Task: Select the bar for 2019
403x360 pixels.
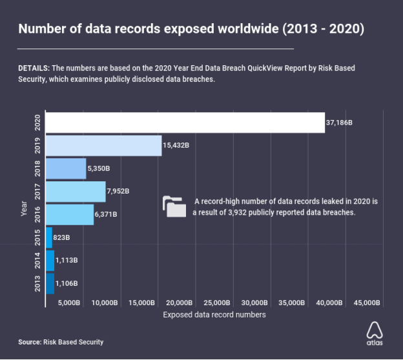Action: tap(104, 146)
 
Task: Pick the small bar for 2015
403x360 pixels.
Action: tap(50, 237)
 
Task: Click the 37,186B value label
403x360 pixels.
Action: tap(340, 123)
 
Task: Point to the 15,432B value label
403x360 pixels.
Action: tap(176, 146)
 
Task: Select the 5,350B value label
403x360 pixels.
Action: tap(99, 169)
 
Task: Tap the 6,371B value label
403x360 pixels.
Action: tap(107, 215)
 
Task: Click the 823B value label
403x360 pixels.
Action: tap(63, 238)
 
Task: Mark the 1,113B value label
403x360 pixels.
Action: tap(67, 261)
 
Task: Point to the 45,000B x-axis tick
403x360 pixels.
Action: tap(366, 303)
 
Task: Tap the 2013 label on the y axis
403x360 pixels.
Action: tap(37, 283)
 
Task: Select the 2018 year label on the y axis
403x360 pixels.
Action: tap(37, 169)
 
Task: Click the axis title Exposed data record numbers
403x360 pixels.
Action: tap(214, 315)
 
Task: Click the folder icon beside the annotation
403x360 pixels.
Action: tap(174, 206)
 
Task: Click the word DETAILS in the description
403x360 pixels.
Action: tap(34, 68)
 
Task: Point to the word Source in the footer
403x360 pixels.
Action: tap(29, 342)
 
